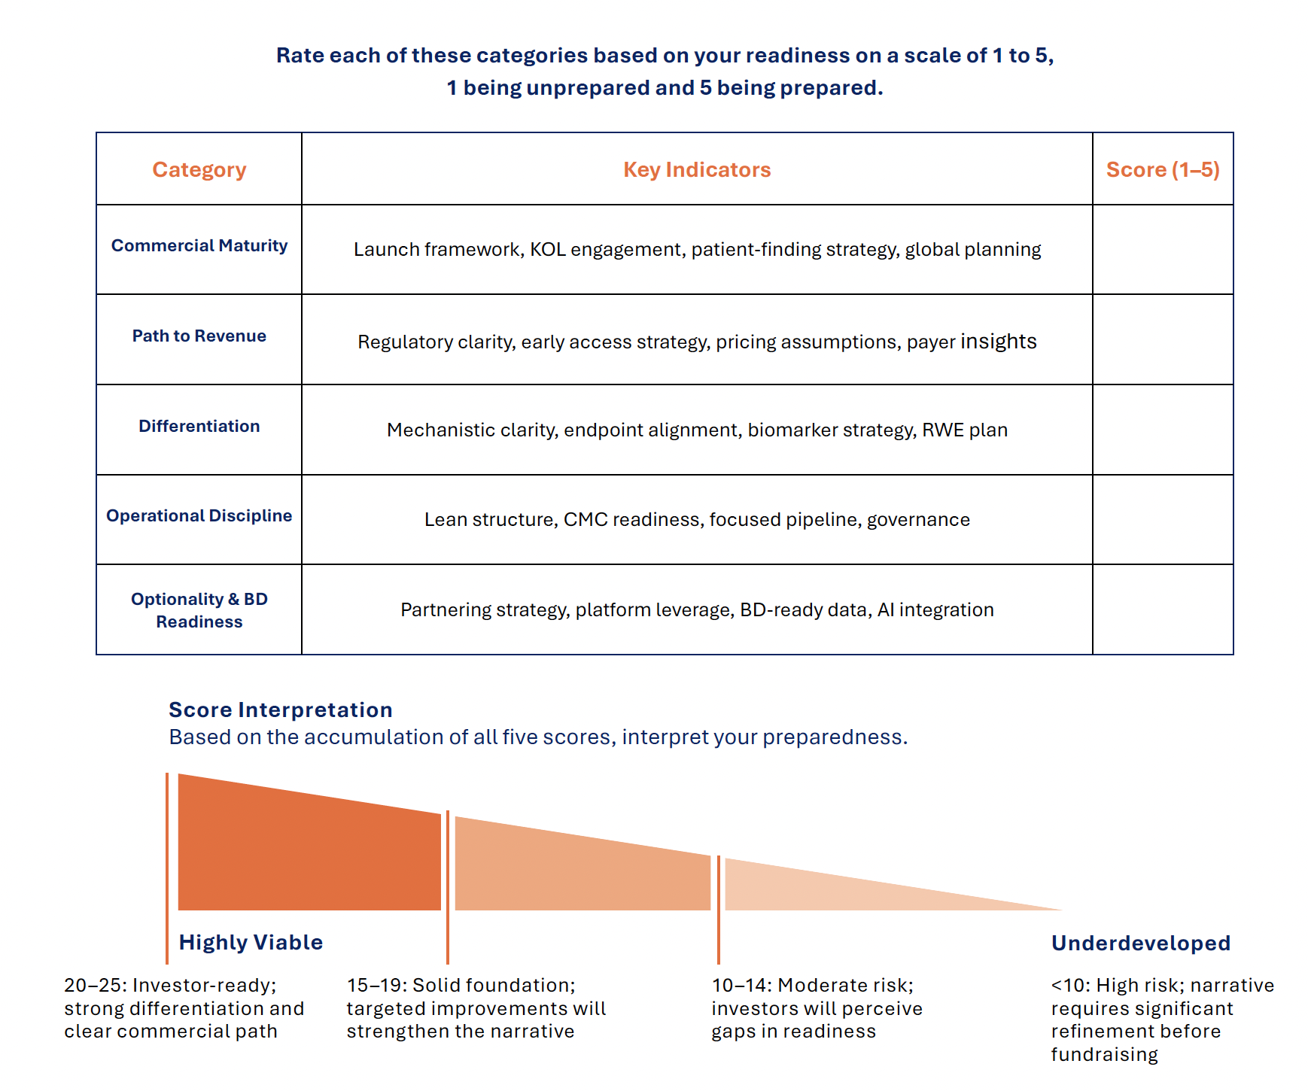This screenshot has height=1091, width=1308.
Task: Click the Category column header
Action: [199, 170]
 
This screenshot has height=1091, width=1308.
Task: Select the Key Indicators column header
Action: [697, 170]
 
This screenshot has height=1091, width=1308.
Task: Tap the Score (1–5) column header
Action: [1163, 170]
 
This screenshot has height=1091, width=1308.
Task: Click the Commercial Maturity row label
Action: [199, 246]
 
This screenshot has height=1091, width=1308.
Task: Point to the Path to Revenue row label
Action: [199, 336]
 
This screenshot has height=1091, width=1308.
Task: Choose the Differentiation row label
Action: [199, 427]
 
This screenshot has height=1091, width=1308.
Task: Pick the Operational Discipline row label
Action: [199, 516]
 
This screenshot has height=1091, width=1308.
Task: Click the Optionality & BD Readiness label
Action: [199, 610]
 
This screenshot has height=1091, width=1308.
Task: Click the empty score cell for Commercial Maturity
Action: [1163, 250]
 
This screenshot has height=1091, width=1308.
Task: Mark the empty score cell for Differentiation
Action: [1163, 430]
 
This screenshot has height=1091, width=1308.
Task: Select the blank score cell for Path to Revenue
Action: [1163, 339]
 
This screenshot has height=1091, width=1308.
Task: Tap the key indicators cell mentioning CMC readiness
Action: [697, 520]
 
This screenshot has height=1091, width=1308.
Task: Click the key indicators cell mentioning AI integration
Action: [697, 610]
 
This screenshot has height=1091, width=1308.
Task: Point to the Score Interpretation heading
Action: [281, 710]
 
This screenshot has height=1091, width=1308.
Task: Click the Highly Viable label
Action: [251, 943]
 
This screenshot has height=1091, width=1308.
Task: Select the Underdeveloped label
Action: [1140, 944]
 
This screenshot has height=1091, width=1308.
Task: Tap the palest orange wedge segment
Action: [828, 892]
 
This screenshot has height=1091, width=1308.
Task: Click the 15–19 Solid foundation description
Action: [476, 1008]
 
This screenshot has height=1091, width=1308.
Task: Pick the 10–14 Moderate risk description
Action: [817, 1008]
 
